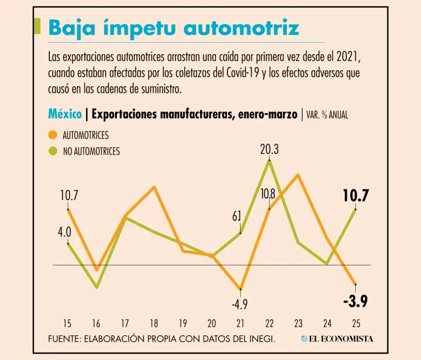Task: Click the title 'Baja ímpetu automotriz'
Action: pyautogui.click(x=174, y=27)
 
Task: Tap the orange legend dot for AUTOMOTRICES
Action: pyautogui.click(x=53, y=135)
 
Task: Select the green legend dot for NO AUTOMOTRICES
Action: pyautogui.click(x=53, y=151)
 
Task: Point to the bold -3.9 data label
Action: pyautogui.click(x=355, y=301)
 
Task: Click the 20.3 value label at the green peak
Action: pyautogui.click(x=269, y=149)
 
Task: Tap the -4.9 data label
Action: pyautogui.click(x=240, y=303)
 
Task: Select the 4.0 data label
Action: pyautogui.click(x=65, y=232)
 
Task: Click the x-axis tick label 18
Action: pyautogui.click(x=155, y=323)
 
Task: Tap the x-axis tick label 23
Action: pyautogui.click(x=298, y=323)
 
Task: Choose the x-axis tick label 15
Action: pyautogui.click(x=68, y=323)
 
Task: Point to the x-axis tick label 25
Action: pyautogui.click(x=355, y=323)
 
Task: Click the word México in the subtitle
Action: pyautogui.click(x=65, y=114)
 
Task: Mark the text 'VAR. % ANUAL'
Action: pyautogui.click(x=327, y=115)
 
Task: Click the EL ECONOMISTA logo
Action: pyautogui.click(x=337, y=339)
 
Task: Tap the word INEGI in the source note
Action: pyautogui.click(x=259, y=339)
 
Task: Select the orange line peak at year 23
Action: pyautogui.click(x=298, y=175)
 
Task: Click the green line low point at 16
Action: pyautogui.click(x=97, y=287)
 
